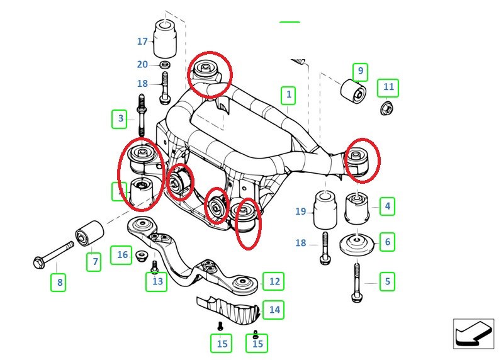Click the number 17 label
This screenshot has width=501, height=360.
[142, 42]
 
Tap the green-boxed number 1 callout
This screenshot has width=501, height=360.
[288, 96]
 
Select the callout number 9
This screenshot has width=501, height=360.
[361, 71]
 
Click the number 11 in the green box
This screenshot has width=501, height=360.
[388, 87]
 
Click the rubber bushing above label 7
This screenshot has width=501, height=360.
[89, 234]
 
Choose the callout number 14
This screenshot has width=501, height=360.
[274, 309]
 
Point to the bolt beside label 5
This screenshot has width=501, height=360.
[357, 282]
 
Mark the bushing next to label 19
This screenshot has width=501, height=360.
[325, 210]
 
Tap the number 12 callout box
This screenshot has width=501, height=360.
[274, 281]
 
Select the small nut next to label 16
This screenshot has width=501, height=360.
[141, 256]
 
